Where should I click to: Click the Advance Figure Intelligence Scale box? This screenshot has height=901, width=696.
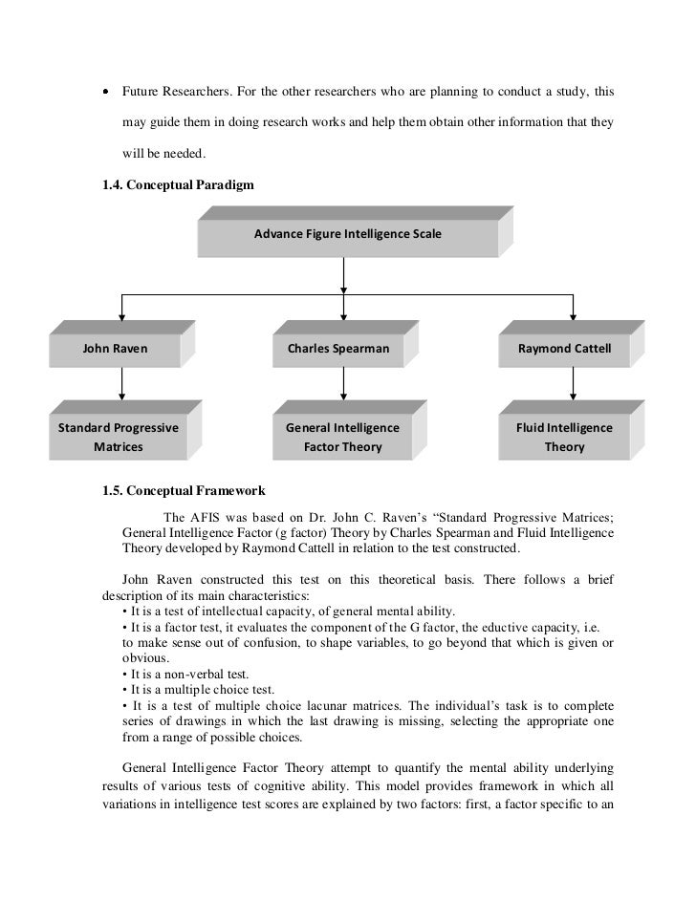(x=347, y=235)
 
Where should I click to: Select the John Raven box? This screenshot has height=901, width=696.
(x=116, y=349)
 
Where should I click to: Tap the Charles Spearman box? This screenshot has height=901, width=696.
(x=338, y=349)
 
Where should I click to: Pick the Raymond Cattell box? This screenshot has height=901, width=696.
(x=564, y=349)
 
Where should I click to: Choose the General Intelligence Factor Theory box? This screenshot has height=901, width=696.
(x=342, y=437)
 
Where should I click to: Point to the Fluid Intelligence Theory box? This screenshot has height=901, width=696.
(x=564, y=437)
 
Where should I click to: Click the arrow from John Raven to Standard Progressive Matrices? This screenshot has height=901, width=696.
(x=121, y=384)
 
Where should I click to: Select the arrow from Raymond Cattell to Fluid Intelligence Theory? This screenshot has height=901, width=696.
(x=573, y=384)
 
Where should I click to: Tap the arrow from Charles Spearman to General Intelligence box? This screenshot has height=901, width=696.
(x=343, y=384)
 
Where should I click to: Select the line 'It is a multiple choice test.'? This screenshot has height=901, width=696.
(x=199, y=689)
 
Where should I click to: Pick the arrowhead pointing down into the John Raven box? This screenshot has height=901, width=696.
(x=121, y=318)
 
